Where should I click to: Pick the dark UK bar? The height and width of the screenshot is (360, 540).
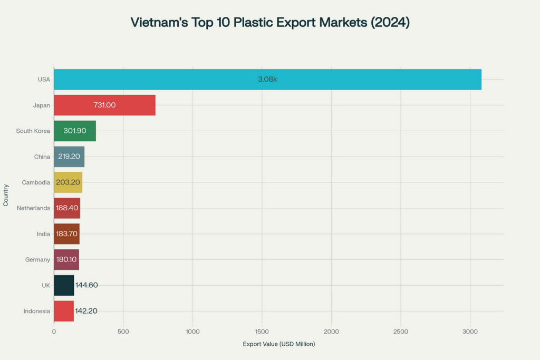click(64, 285)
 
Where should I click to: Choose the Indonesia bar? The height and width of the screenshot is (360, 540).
click(63, 311)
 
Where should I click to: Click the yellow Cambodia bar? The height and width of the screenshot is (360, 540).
click(68, 182)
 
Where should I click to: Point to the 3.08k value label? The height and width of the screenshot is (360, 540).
click(267, 79)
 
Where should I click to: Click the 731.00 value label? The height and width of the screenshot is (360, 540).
click(104, 105)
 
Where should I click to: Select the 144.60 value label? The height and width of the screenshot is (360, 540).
click(86, 285)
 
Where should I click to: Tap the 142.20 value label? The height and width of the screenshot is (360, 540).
click(86, 311)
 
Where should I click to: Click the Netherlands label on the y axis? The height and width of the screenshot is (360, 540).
click(33, 208)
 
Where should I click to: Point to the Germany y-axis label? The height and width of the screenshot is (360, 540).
click(37, 259)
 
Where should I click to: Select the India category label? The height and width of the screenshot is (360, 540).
click(44, 234)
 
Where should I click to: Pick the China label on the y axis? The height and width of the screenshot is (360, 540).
click(42, 157)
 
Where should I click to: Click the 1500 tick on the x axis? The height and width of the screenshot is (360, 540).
click(262, 332)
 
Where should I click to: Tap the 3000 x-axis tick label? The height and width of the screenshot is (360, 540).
click(470, 332)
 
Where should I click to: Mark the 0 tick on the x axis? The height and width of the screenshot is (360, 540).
click(54, 332)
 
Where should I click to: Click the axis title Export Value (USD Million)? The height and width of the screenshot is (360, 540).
click(278, 344)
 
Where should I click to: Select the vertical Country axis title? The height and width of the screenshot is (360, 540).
click(6, 195)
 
